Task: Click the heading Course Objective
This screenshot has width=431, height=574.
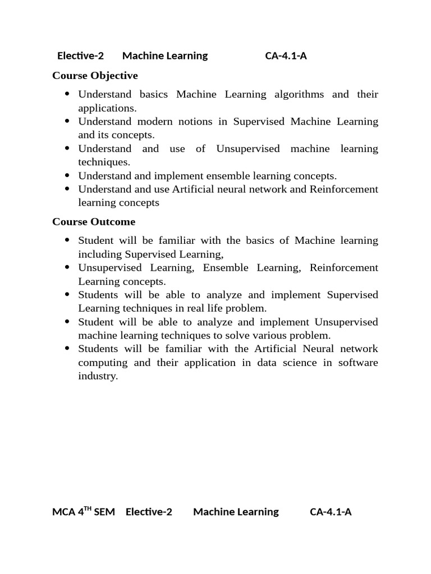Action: coord(95,76)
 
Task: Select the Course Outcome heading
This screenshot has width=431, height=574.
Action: coord(94,222)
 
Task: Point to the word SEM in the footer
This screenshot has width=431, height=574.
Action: coord(104,512)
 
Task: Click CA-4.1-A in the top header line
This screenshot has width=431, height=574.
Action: coord(286,55)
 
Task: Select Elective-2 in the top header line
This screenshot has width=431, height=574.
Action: coord(81,55)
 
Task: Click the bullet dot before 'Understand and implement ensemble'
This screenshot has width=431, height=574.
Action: coord(67,176)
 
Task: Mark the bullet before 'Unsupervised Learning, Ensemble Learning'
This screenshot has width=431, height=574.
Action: coord(67,268)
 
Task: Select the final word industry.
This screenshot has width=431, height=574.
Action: coord(98,376)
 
